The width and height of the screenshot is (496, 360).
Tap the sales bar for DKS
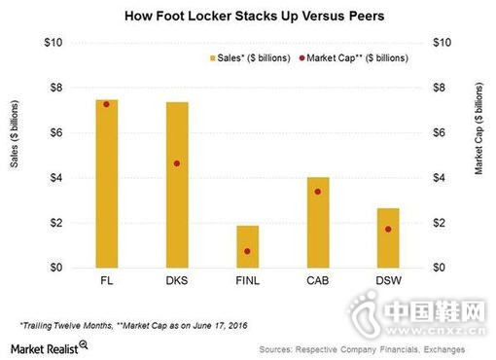click(x=176, y=185)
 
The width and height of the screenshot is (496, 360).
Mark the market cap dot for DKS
click(x=176, y=163)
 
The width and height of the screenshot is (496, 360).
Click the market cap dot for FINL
click(x=247, y=251)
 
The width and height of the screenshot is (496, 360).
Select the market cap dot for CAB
click(x=318, y=192)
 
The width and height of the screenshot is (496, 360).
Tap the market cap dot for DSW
click(x=388, y=229)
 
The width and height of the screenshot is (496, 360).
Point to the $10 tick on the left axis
click(x=54, y=43)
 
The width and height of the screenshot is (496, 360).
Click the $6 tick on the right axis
click(x=441, y=132)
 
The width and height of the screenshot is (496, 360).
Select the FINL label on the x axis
click(x=247, y=281)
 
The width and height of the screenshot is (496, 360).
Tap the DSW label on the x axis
click(x=388, y=281)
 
